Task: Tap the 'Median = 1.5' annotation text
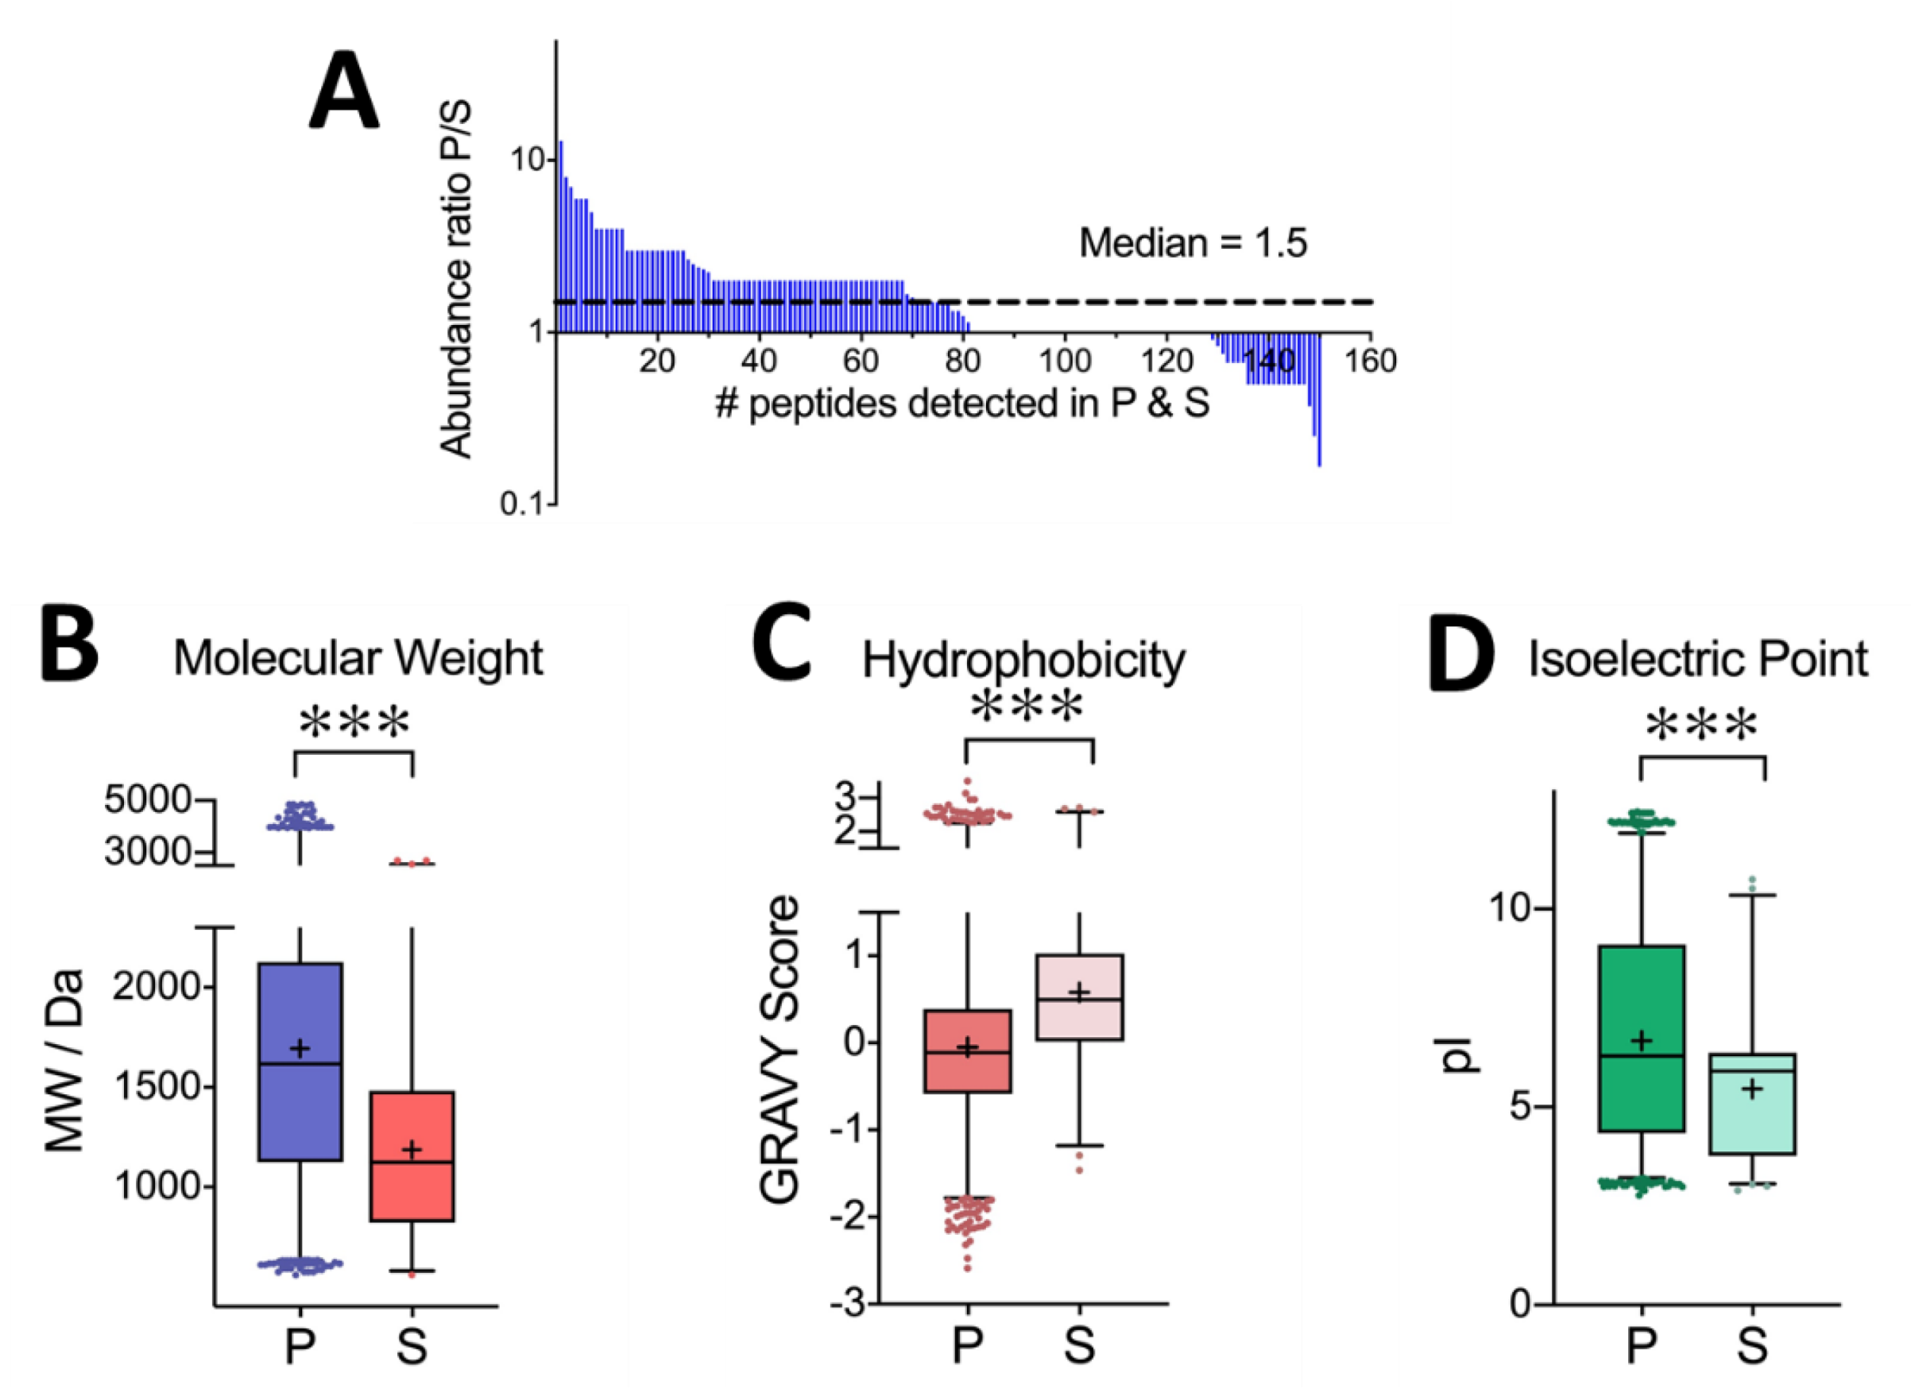pos(1192,243)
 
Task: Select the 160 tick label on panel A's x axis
pos(1370,362)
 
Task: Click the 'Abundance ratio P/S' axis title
pos(456,280)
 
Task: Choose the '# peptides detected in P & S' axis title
pos(962,404)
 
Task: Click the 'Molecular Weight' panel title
pos(358,659)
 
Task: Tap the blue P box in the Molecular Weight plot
pos(300,1062)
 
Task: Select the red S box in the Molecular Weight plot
pos(412,1156)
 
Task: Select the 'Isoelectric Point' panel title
pos(1697,660)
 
